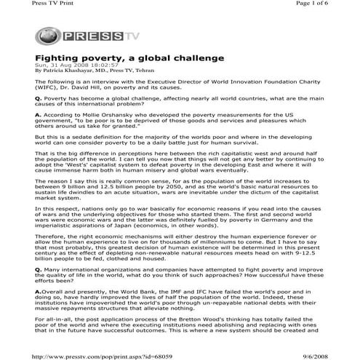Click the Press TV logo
tap(68, 34)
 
